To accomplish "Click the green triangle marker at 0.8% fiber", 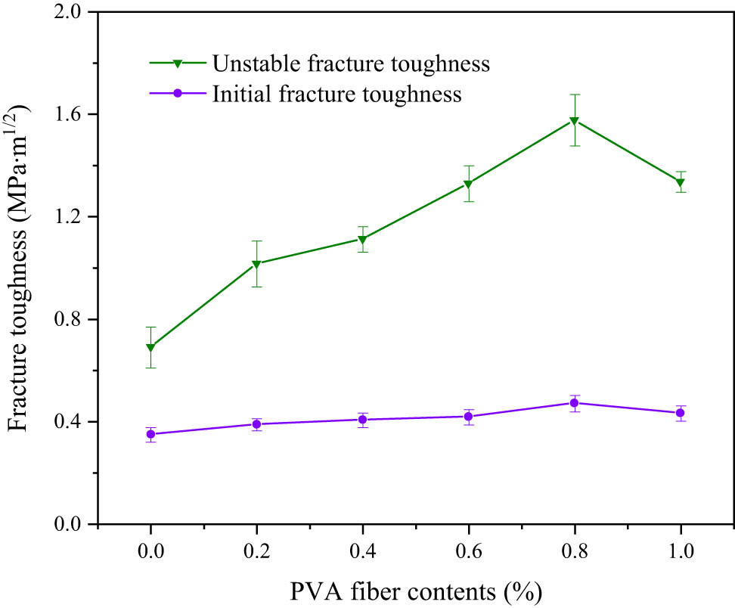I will (575, 120).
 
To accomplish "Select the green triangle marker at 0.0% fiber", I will (150, 348).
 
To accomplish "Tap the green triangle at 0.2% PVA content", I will (256, 264).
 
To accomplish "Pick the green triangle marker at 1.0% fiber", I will (681, 182).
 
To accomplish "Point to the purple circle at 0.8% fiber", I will (575, 403).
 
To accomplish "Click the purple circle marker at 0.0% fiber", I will (150, 434).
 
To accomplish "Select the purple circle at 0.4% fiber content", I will (363, 420).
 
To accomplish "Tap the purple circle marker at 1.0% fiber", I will (681, 413).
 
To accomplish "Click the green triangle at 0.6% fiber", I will (469, 184).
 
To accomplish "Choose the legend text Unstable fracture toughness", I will (351, 64).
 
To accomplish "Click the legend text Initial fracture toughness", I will (336, 95).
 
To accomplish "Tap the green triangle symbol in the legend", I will (177, 64).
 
